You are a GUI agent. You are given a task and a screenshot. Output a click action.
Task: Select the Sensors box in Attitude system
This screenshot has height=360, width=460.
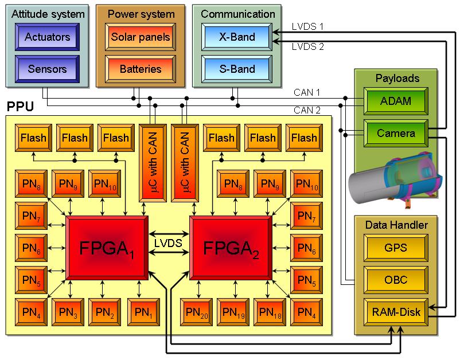coord(47,69)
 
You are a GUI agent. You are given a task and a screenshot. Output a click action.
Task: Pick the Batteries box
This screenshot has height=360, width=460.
coord(141,69)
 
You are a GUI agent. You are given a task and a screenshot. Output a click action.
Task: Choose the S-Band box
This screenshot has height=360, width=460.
coord(237,69)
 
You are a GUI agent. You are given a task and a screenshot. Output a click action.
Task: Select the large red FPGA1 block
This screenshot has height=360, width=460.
coord(107,249)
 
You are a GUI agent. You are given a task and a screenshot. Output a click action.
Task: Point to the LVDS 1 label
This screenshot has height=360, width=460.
coord(307,26)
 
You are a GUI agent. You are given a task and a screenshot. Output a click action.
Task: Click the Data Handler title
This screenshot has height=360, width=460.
coord(396,225)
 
